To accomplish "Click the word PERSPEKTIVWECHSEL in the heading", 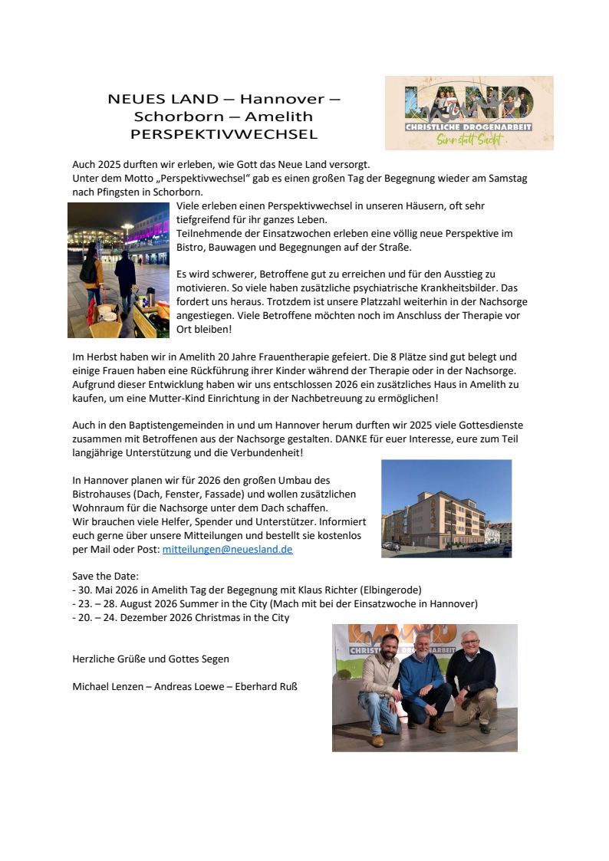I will click(224, 134).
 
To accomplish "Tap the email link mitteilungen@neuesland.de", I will click(227, 550).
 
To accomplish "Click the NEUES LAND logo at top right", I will click(469, 112).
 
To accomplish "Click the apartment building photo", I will click(446, 508).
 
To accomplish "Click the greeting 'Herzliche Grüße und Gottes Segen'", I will click(150, 659).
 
